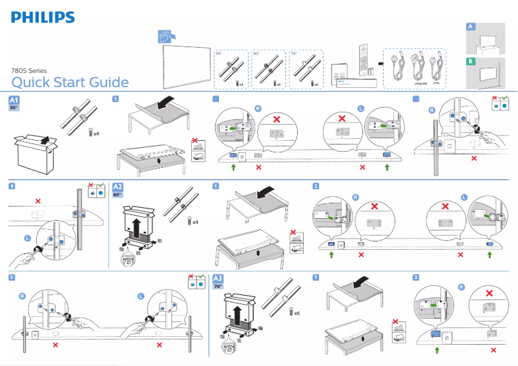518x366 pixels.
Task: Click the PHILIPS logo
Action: (x=43, y=17)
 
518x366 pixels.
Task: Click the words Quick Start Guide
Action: (x=70, y=83)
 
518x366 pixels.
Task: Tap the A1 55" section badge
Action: (x=14, y=103)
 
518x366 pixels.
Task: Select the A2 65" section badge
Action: (x=118, y=190)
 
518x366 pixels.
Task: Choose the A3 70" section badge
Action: (x=219, y=281)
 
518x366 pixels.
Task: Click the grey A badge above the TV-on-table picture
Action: (x=471, y=26)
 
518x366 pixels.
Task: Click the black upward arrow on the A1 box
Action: (x=44, y=137)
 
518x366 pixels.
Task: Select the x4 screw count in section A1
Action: (x=95, y=134)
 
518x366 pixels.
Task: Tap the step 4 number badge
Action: (x=12, y=186)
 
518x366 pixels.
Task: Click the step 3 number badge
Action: (x=12, y=278)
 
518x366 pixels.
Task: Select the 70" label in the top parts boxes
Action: (x=295, y=54)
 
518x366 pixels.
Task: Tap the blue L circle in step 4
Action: (x=27, y=238)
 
